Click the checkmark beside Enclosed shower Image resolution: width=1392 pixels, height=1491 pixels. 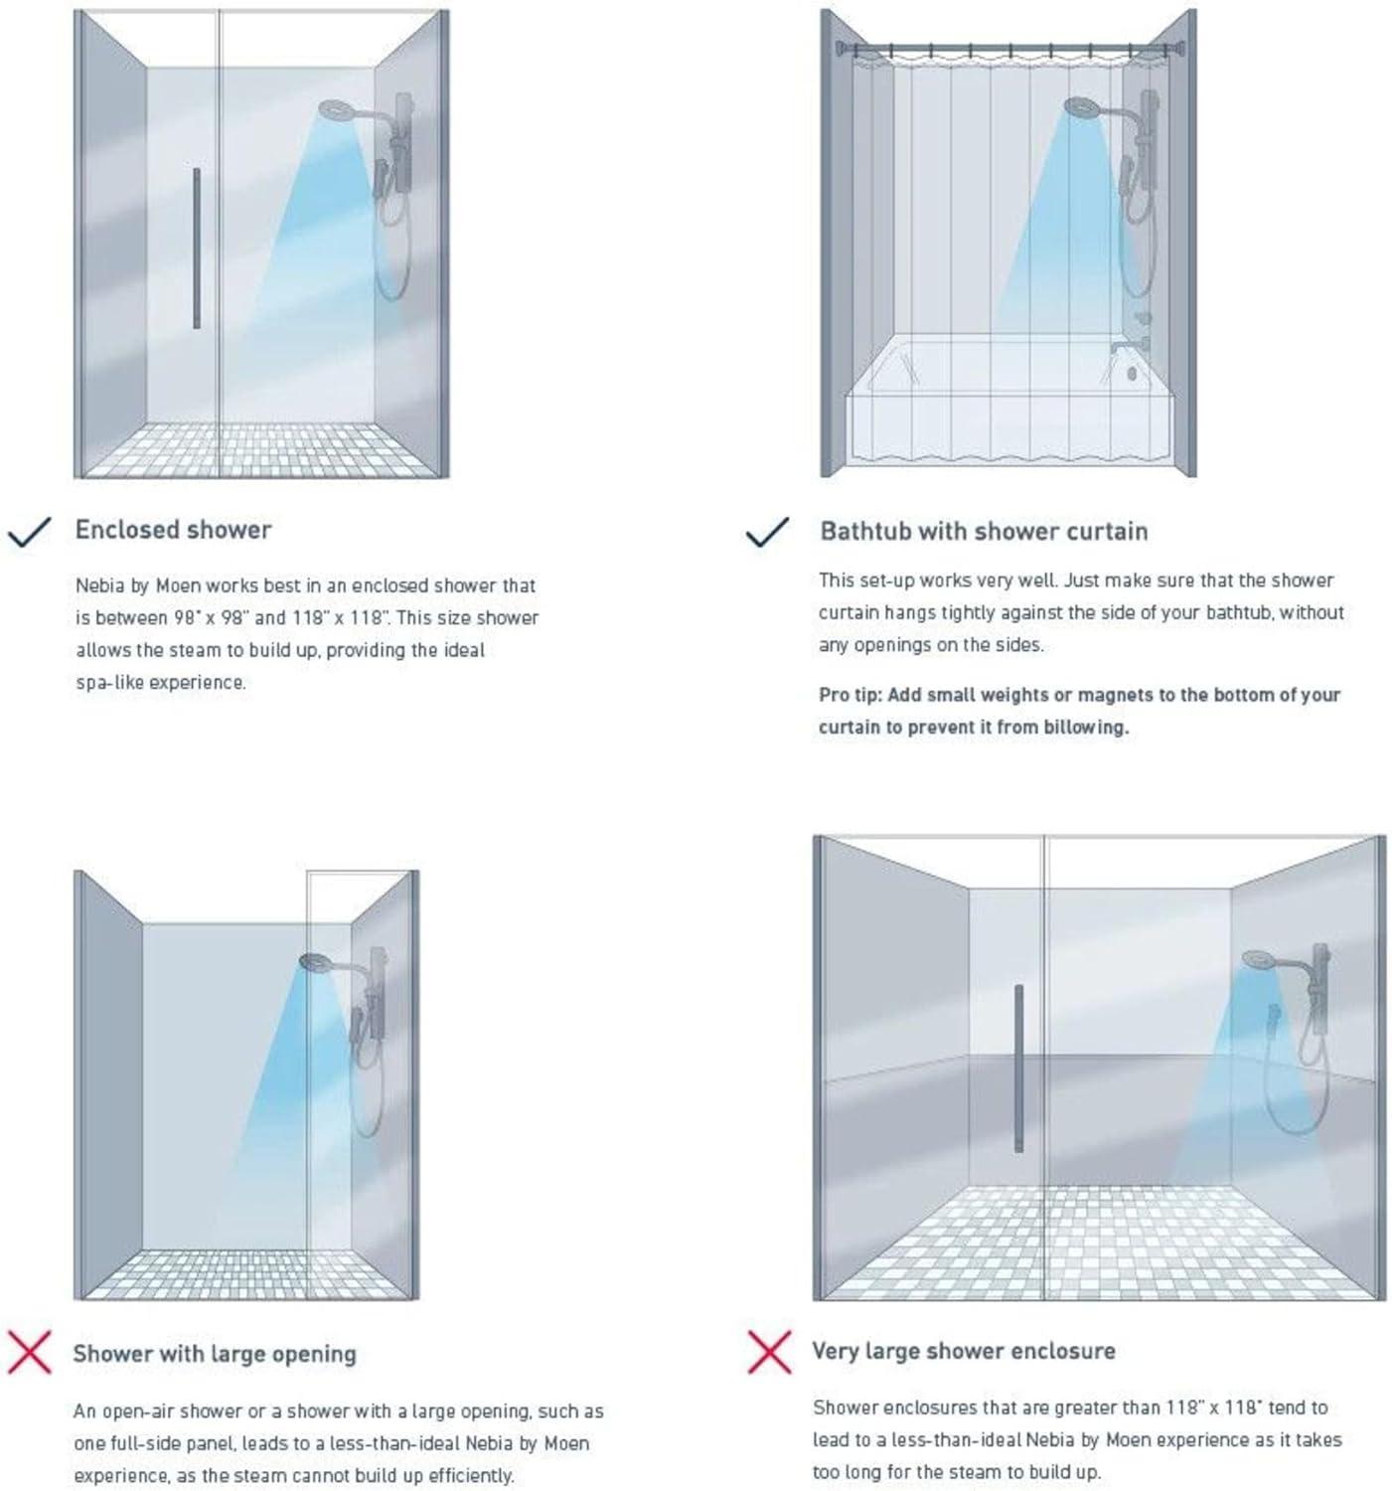30,532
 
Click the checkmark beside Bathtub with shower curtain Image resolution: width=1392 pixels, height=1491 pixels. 767,532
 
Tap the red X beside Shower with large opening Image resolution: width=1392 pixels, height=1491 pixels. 30,1353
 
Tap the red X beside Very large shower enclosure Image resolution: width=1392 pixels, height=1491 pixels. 769,1352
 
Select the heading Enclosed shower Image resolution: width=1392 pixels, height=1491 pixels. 173,530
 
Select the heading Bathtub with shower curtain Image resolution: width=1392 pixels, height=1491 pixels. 983,532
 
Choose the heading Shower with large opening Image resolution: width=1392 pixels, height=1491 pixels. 214,1354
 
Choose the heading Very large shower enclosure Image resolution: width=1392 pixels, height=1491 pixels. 963,1351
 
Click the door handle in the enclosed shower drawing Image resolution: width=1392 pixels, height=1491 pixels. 197,248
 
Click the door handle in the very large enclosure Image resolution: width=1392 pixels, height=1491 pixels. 1018,1069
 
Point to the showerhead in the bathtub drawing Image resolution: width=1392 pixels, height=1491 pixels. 1082,105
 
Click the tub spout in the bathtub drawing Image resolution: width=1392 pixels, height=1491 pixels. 1121,347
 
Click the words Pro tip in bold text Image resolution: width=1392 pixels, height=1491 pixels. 851,695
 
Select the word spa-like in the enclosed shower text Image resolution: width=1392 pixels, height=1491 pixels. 109,683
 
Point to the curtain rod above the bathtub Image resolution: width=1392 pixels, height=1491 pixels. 1008,47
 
